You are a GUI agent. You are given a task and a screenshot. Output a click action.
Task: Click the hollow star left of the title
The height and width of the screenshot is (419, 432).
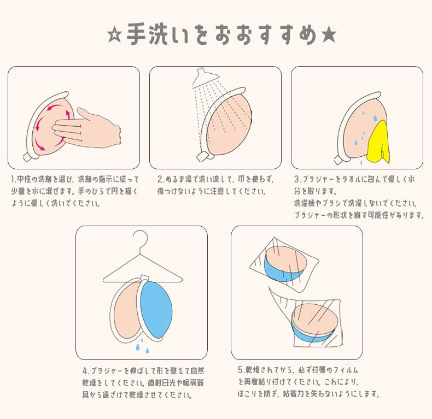click(115, 36)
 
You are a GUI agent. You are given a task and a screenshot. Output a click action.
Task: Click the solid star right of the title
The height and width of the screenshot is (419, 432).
click(329, 36)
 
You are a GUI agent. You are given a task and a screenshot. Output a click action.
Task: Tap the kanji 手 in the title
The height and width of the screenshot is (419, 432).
click(136, 34)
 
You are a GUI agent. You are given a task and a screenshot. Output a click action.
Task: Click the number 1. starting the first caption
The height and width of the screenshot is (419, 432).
click(14, 180)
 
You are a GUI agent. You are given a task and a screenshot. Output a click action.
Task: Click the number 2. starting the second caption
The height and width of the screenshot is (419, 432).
click(161, 180)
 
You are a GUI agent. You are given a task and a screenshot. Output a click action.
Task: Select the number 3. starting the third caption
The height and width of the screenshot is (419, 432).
click(297, 180)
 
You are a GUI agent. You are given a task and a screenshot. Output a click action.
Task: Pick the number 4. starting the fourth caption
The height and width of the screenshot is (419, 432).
click(86, 371)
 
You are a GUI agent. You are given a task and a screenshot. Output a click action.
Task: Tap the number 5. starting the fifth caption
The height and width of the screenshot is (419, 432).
click(242, 370)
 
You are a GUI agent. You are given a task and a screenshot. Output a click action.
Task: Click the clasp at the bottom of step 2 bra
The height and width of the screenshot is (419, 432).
click(202, 157)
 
